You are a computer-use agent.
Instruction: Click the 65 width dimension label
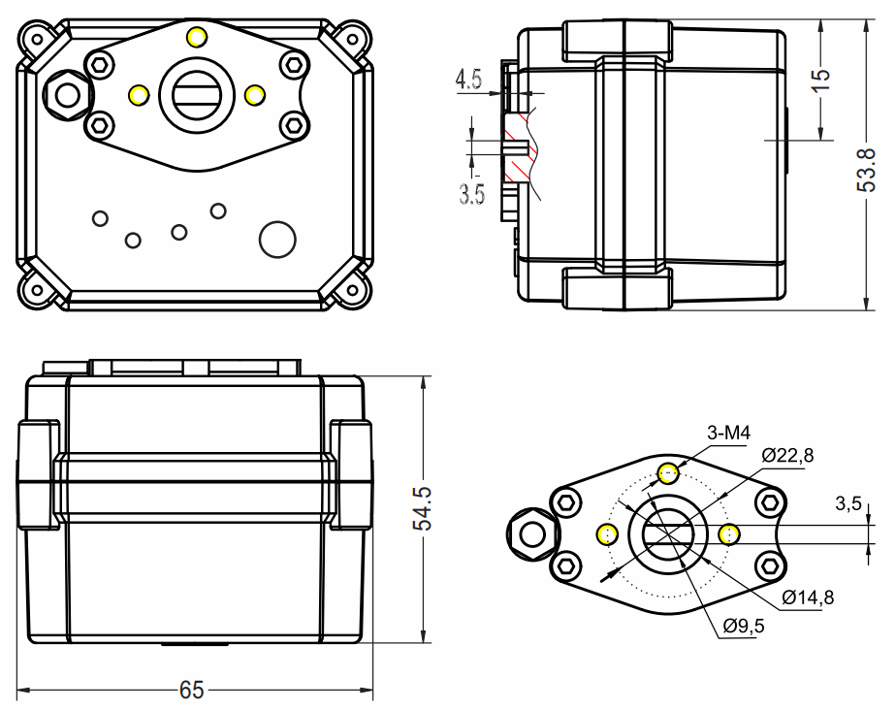(191, 690)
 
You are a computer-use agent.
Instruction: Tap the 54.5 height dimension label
(423, 509)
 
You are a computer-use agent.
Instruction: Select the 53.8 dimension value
(867, 170)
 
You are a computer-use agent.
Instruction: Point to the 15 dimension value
(820, 80)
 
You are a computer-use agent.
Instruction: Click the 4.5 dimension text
(468, 80)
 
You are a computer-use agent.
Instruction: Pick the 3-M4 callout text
(728, 434)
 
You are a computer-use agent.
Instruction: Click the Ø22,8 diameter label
(787, 456)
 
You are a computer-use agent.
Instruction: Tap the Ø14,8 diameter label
(808, 597)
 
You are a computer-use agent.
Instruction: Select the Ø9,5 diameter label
(743, 627)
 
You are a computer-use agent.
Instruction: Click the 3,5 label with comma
(848, 504)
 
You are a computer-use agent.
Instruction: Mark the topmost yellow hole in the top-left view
(196, 37)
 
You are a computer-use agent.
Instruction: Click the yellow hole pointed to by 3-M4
(668, 473)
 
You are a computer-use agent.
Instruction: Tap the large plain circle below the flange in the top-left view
(277, 240)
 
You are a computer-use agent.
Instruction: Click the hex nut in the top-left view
(68, 95)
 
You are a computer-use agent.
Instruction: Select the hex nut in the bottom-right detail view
(532, 534)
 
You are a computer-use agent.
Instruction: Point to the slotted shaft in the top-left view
(196, 95)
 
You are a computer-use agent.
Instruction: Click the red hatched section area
(520, 147)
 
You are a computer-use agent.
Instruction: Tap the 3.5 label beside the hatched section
(471, 194)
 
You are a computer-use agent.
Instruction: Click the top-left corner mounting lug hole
(37, 40)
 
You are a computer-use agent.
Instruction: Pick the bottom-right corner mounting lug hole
(353, 290)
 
